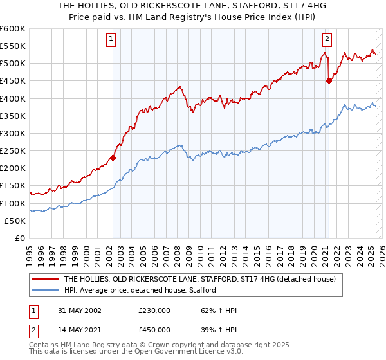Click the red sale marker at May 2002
click(113, 157)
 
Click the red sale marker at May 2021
click(329, 80)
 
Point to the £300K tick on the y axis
click(14, 133)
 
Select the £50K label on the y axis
click(16, 221)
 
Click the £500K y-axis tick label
click(14, 63)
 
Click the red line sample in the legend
click(44, 280)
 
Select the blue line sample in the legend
click(44, 290)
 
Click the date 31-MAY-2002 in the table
click(76, 310)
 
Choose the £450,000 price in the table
click(154, 329)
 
